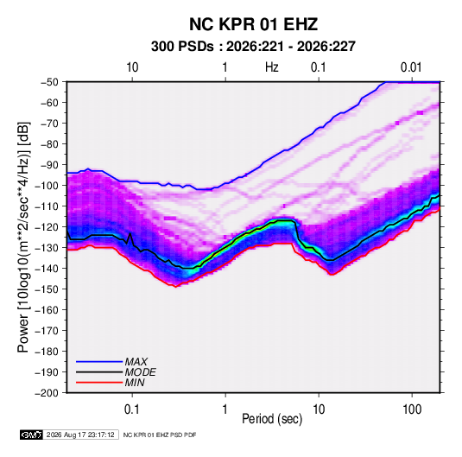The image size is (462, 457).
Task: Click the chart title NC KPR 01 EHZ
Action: click(253, 24)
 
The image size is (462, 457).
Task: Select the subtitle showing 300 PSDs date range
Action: click(253, 47)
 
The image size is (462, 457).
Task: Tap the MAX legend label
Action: click(136, 362)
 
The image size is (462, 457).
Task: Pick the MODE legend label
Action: click(140, 372)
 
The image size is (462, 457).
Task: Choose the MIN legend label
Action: click(135, 383)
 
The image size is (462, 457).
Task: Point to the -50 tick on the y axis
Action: click(49, 82)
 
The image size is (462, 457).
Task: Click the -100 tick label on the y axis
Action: click(47, 186)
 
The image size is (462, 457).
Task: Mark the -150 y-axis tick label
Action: click(47, 289)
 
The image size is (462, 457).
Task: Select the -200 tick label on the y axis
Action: click(47, 393)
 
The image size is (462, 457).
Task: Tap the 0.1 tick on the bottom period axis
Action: click(132, 409)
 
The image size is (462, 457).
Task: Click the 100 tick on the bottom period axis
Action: click(412, 409)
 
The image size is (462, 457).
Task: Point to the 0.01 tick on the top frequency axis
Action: click(411, 67)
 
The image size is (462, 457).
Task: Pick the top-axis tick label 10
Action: click(132, 67)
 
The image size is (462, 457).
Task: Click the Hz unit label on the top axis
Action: click(272, 67)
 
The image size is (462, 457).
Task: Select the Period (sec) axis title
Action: click(272, 419)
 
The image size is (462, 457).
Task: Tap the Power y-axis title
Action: click(23, 237)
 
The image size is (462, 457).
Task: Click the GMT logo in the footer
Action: click(32, 435)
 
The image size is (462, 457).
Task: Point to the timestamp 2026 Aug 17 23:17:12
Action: click(80, 435)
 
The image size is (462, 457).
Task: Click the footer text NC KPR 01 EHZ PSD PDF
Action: click(160, 435)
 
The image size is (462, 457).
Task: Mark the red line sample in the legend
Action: click(99, 383)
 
